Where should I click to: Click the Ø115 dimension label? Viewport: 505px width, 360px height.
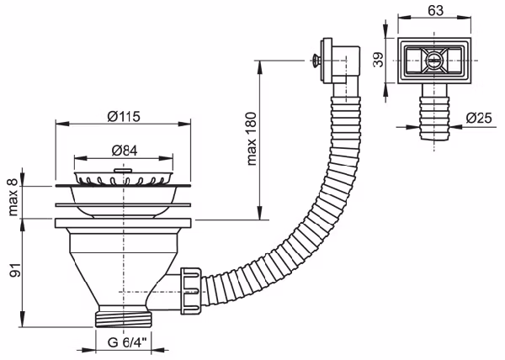pyautogui.click(x=124, y=116)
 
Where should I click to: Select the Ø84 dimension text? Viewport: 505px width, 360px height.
pyautogui.click(x=125, y=151)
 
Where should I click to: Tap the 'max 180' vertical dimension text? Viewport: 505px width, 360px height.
pyautogui.click(x=252, y=139)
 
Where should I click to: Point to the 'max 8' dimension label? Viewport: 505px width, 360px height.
pyautogui.click(x=13, y=197)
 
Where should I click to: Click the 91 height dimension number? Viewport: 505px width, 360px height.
pyautogui.click(x=15, y=270)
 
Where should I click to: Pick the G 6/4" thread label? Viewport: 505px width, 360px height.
pyautogui.click(x=127, y=342)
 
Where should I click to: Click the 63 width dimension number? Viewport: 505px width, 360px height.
pyautogui.click(x=435, y=10)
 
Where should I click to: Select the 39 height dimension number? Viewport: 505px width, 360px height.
pyautogui.click(x=379, y=60)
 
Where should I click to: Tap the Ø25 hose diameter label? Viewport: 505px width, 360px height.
pyautogui.click(x=479, y=118)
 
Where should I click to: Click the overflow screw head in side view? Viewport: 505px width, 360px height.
pyautogui.click(x=316, y=60)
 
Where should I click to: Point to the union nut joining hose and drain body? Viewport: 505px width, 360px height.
pyautogui.click(x=191, y=290)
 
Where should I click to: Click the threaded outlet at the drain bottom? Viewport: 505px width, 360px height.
pyautogui.click(x=124, y=319)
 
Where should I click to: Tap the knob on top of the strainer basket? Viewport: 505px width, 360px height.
pyautogui.click(x=122, y=170)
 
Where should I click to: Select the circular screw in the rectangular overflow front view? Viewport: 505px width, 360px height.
pyautogui.click(x=433, y=60)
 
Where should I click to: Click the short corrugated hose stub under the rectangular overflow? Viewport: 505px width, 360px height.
pyautogui.click(x=433, y=118)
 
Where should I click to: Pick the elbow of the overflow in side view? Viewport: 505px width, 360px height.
pyautogui.click(x=346, y=65)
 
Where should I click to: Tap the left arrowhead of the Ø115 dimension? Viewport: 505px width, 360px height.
pyautogui.click(x=62, y=124)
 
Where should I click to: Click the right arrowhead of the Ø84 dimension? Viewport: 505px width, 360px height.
pyautogui.click(x=166, y=158)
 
